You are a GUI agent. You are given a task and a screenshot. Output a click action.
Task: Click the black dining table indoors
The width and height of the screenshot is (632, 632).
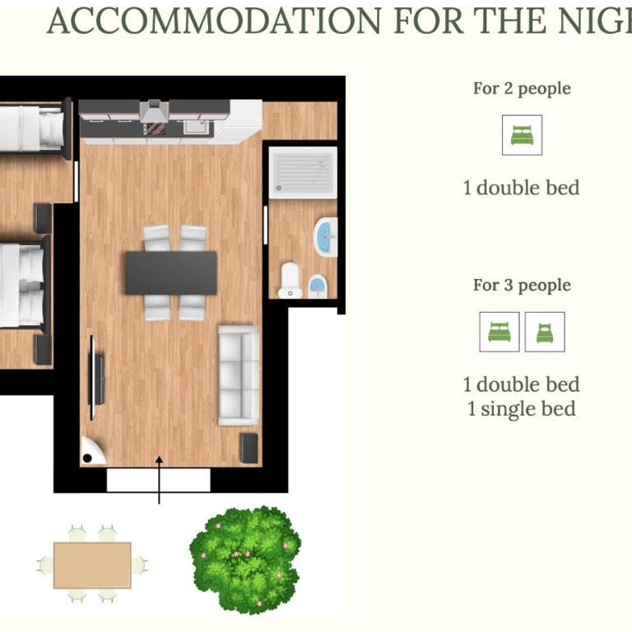(x=171, y=273)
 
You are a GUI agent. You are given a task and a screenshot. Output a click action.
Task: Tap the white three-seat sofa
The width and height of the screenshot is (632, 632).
(x=239, y=375)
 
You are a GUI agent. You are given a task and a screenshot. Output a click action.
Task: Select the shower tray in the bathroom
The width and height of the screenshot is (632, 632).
(x=303, y=173)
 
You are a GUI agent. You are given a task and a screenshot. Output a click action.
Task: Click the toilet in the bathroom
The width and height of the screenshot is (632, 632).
(x=290, y=280)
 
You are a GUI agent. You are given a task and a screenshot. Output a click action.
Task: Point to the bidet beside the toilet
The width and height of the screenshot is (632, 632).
(x=318, y=286)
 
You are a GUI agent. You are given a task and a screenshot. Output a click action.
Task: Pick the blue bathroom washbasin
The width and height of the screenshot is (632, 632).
(x=325, y=237)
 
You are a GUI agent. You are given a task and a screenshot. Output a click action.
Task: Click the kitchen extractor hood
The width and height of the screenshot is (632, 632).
(x=154, y=111)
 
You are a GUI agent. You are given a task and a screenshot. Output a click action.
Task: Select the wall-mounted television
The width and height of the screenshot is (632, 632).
(x=95, y=377)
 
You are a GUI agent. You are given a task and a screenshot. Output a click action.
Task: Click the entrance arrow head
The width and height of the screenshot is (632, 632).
(x=159, y=460)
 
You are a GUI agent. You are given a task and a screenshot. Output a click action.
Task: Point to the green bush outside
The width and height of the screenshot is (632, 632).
(x=245, y=560)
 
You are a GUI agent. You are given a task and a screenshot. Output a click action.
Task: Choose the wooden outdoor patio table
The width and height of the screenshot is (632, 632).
(x=92, y=565)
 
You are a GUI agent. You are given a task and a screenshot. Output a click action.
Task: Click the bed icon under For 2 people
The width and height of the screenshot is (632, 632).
(x=522, y=135)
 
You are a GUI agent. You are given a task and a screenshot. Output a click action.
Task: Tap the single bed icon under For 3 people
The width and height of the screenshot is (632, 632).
(x=545, y=332)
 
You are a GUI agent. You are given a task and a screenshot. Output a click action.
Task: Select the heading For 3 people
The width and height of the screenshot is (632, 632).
(x=522, y=286)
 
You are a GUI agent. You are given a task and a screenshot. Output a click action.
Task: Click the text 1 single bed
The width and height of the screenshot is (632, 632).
(x=522, y=409)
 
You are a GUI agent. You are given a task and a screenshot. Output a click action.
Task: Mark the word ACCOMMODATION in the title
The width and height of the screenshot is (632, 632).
(x=214, y=21)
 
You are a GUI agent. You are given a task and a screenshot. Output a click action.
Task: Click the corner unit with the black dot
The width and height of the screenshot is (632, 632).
(x=92, y=451)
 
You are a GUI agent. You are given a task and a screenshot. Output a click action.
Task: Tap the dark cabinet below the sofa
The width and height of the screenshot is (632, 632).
(x=249, y=448)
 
